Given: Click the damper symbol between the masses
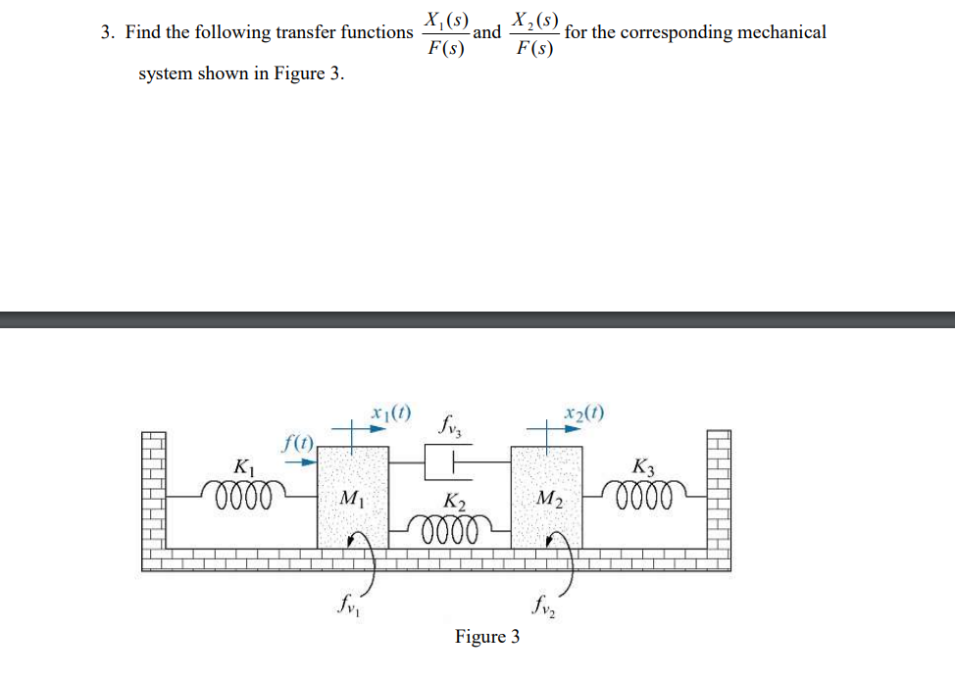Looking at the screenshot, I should (446, 461).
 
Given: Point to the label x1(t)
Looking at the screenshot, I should (391, 412).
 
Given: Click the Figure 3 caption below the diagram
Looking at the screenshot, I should (487, 637).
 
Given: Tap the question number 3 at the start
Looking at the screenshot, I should (106, 32).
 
